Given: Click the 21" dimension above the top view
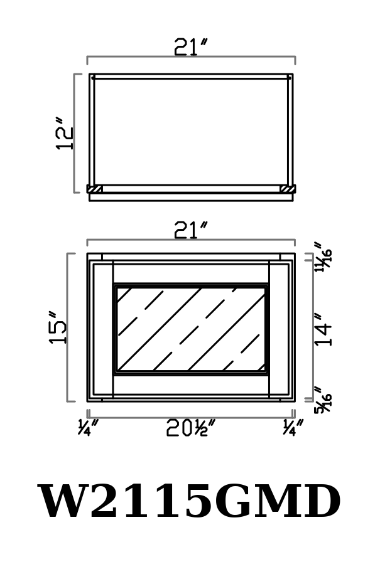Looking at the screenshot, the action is pyautogui.click(x=191, y=47).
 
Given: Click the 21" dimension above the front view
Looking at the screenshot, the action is pyautogui.click(x=191, y=230).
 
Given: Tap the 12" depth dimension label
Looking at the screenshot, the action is pyautogui.click(x=65, y=133).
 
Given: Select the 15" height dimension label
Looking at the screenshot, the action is pyautogui.click(x=57, y=327).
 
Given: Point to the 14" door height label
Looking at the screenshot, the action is pyautogui.click(x=323, y=329).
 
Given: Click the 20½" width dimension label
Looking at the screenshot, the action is pyautogui.click(x=191, y=428).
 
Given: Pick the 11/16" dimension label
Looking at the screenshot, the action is pyautogui.click(x=323, y=257).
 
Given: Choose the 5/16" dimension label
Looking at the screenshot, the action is pyautogui.click(x=323, y=400).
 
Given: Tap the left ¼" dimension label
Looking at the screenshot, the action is pyautogui.click(x=88, y=427).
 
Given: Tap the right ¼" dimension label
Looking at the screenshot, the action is pyautogui.click(x=293, y=427).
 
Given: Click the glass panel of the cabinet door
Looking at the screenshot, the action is pyautogui.click(x=191, y=329).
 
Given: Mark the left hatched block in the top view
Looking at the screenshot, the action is pyautogui.click(x=95, y=189).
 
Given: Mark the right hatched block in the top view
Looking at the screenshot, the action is pyautogui.click(x=288, y=189).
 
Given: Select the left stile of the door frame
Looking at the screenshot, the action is pyautogui.click(x=104, y=329).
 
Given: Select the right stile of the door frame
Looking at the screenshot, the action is pyautogui.click(x=279, y=329).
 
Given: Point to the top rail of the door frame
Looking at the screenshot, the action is pyautogui.click(x=191, y=274).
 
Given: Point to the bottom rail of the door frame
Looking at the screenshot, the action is pyautogui.click(x=191, y=384).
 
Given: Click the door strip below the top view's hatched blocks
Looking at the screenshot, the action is pyautogui.click(x=191, y=197).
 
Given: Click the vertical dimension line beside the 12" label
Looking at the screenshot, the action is pyautogui.click(x=74, y=134).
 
